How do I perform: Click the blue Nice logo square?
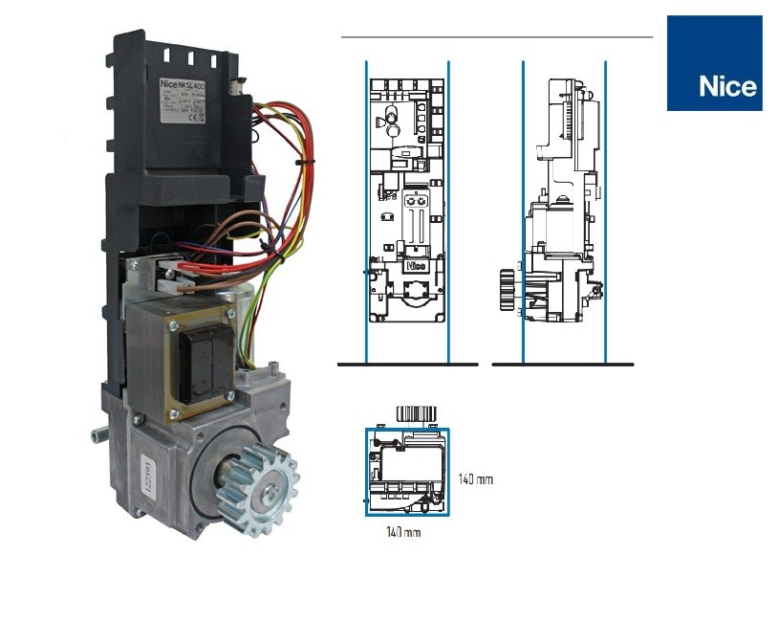point(714,62)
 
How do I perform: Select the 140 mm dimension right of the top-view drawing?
point(477,478)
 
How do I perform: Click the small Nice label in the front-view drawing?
point(416,266)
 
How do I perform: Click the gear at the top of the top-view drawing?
point(415,414)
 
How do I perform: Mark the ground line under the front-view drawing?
point(407,365)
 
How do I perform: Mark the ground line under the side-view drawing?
point(562,365)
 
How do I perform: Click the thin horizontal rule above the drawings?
point(497,37)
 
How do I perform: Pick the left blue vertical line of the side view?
point(524,211)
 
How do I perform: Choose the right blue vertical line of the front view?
point(448,211)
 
